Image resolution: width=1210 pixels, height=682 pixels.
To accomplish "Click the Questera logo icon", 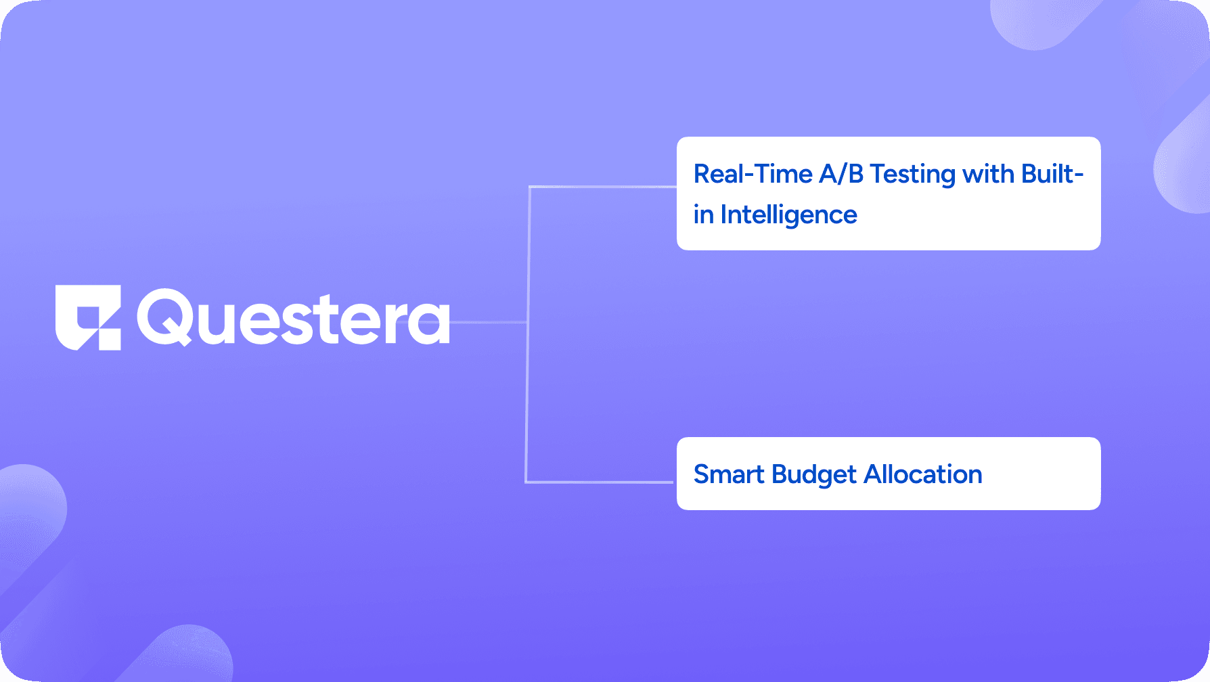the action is pyautogui.click(x=88, y=317).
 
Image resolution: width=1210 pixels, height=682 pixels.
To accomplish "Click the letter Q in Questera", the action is pyautogui.click(x=164, y=317).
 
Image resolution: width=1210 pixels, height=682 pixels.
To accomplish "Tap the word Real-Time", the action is pyautogui.click(x=753, y=174).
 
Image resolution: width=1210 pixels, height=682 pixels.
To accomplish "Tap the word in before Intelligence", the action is pyautogui.click(x=704, y=214).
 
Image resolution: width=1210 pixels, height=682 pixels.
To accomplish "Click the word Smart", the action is pyautogui.click(x=729, y=474).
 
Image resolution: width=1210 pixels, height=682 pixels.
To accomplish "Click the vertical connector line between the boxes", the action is pyautogui.click(x=527, y=334).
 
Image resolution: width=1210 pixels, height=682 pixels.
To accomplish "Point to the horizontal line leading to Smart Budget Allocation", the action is pyautogui.click(x=600, y=482).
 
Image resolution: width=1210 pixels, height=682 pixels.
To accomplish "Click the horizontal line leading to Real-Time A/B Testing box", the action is pyautogui.click(x=603, y=187).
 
